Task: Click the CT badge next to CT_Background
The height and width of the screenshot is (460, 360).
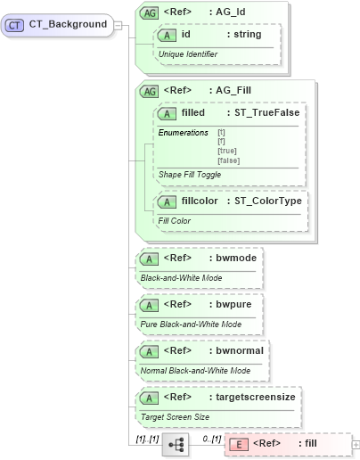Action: [x=14, y=24]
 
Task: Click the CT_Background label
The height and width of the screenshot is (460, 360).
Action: [x=67, y=24]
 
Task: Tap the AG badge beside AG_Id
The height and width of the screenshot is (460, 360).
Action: [x=150, y=13]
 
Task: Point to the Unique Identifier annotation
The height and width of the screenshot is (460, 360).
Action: [x=187, y=54]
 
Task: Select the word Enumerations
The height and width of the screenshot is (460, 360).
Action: [x=183, y=133]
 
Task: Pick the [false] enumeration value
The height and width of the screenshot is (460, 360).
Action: [x=229, y=160]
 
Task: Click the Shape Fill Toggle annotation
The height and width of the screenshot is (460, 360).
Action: [x=190, y=175]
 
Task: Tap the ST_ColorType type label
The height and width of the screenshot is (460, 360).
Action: [x=266, y=201]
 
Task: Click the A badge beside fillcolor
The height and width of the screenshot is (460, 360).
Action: [x=167, y=201]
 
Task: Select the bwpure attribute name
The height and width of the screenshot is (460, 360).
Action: [x=234, y=305]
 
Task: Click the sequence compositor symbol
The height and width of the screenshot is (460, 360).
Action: [x=175, y=443]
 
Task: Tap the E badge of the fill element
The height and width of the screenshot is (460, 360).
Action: [x=239, y=443]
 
